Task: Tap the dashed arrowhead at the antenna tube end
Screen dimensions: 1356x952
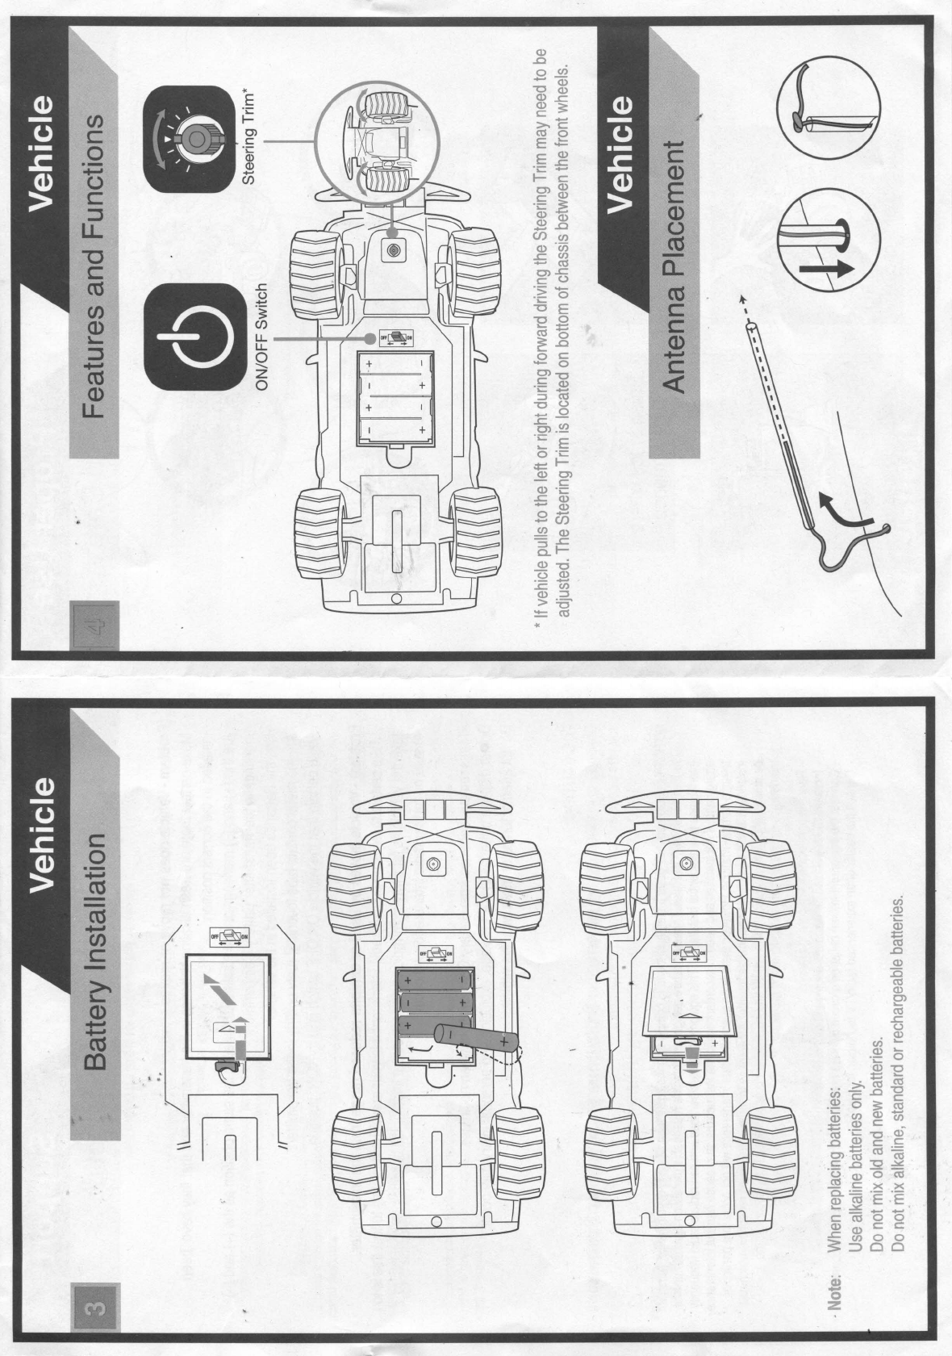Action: pos(743,303)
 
